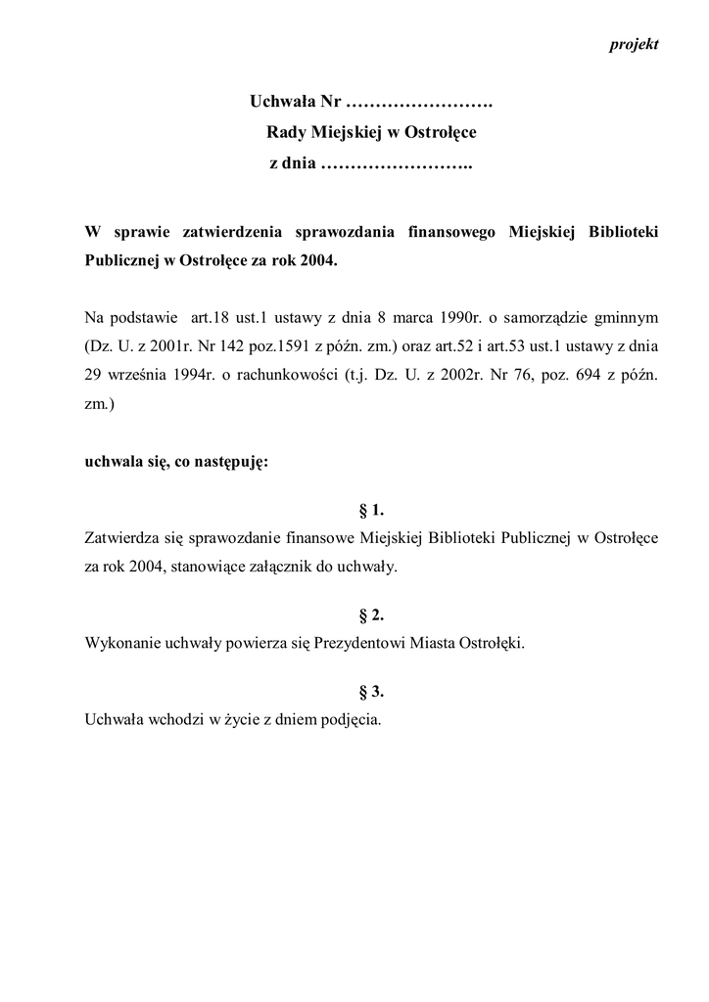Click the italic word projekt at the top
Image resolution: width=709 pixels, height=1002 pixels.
(634, 45)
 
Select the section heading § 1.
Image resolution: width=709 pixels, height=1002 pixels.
(372, 510)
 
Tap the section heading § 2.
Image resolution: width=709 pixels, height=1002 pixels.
(372, 615)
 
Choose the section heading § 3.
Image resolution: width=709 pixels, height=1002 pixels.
(372, 692)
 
